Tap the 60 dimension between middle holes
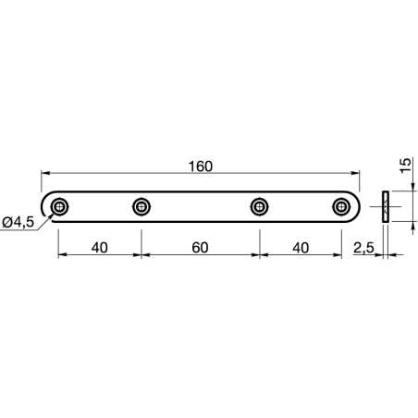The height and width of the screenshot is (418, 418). [201, 248]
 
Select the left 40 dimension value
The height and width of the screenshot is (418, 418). [99, 248]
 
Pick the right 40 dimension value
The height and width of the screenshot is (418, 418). [301, 248]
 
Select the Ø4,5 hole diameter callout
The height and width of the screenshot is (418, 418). [18, 221]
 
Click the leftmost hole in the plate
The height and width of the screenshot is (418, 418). [59, 206]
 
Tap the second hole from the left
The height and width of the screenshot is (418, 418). [141, 206]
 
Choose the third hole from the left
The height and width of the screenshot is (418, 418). [260, 206]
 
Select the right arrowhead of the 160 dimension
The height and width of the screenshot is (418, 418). [356, 174]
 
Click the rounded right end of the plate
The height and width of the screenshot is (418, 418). [357, 206]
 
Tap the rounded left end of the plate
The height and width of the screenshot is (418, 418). [44, 206]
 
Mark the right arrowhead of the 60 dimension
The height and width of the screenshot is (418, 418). [255, 256]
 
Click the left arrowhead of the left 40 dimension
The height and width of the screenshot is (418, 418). [63, 256]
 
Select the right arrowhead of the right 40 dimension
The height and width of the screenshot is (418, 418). [338, 256]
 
